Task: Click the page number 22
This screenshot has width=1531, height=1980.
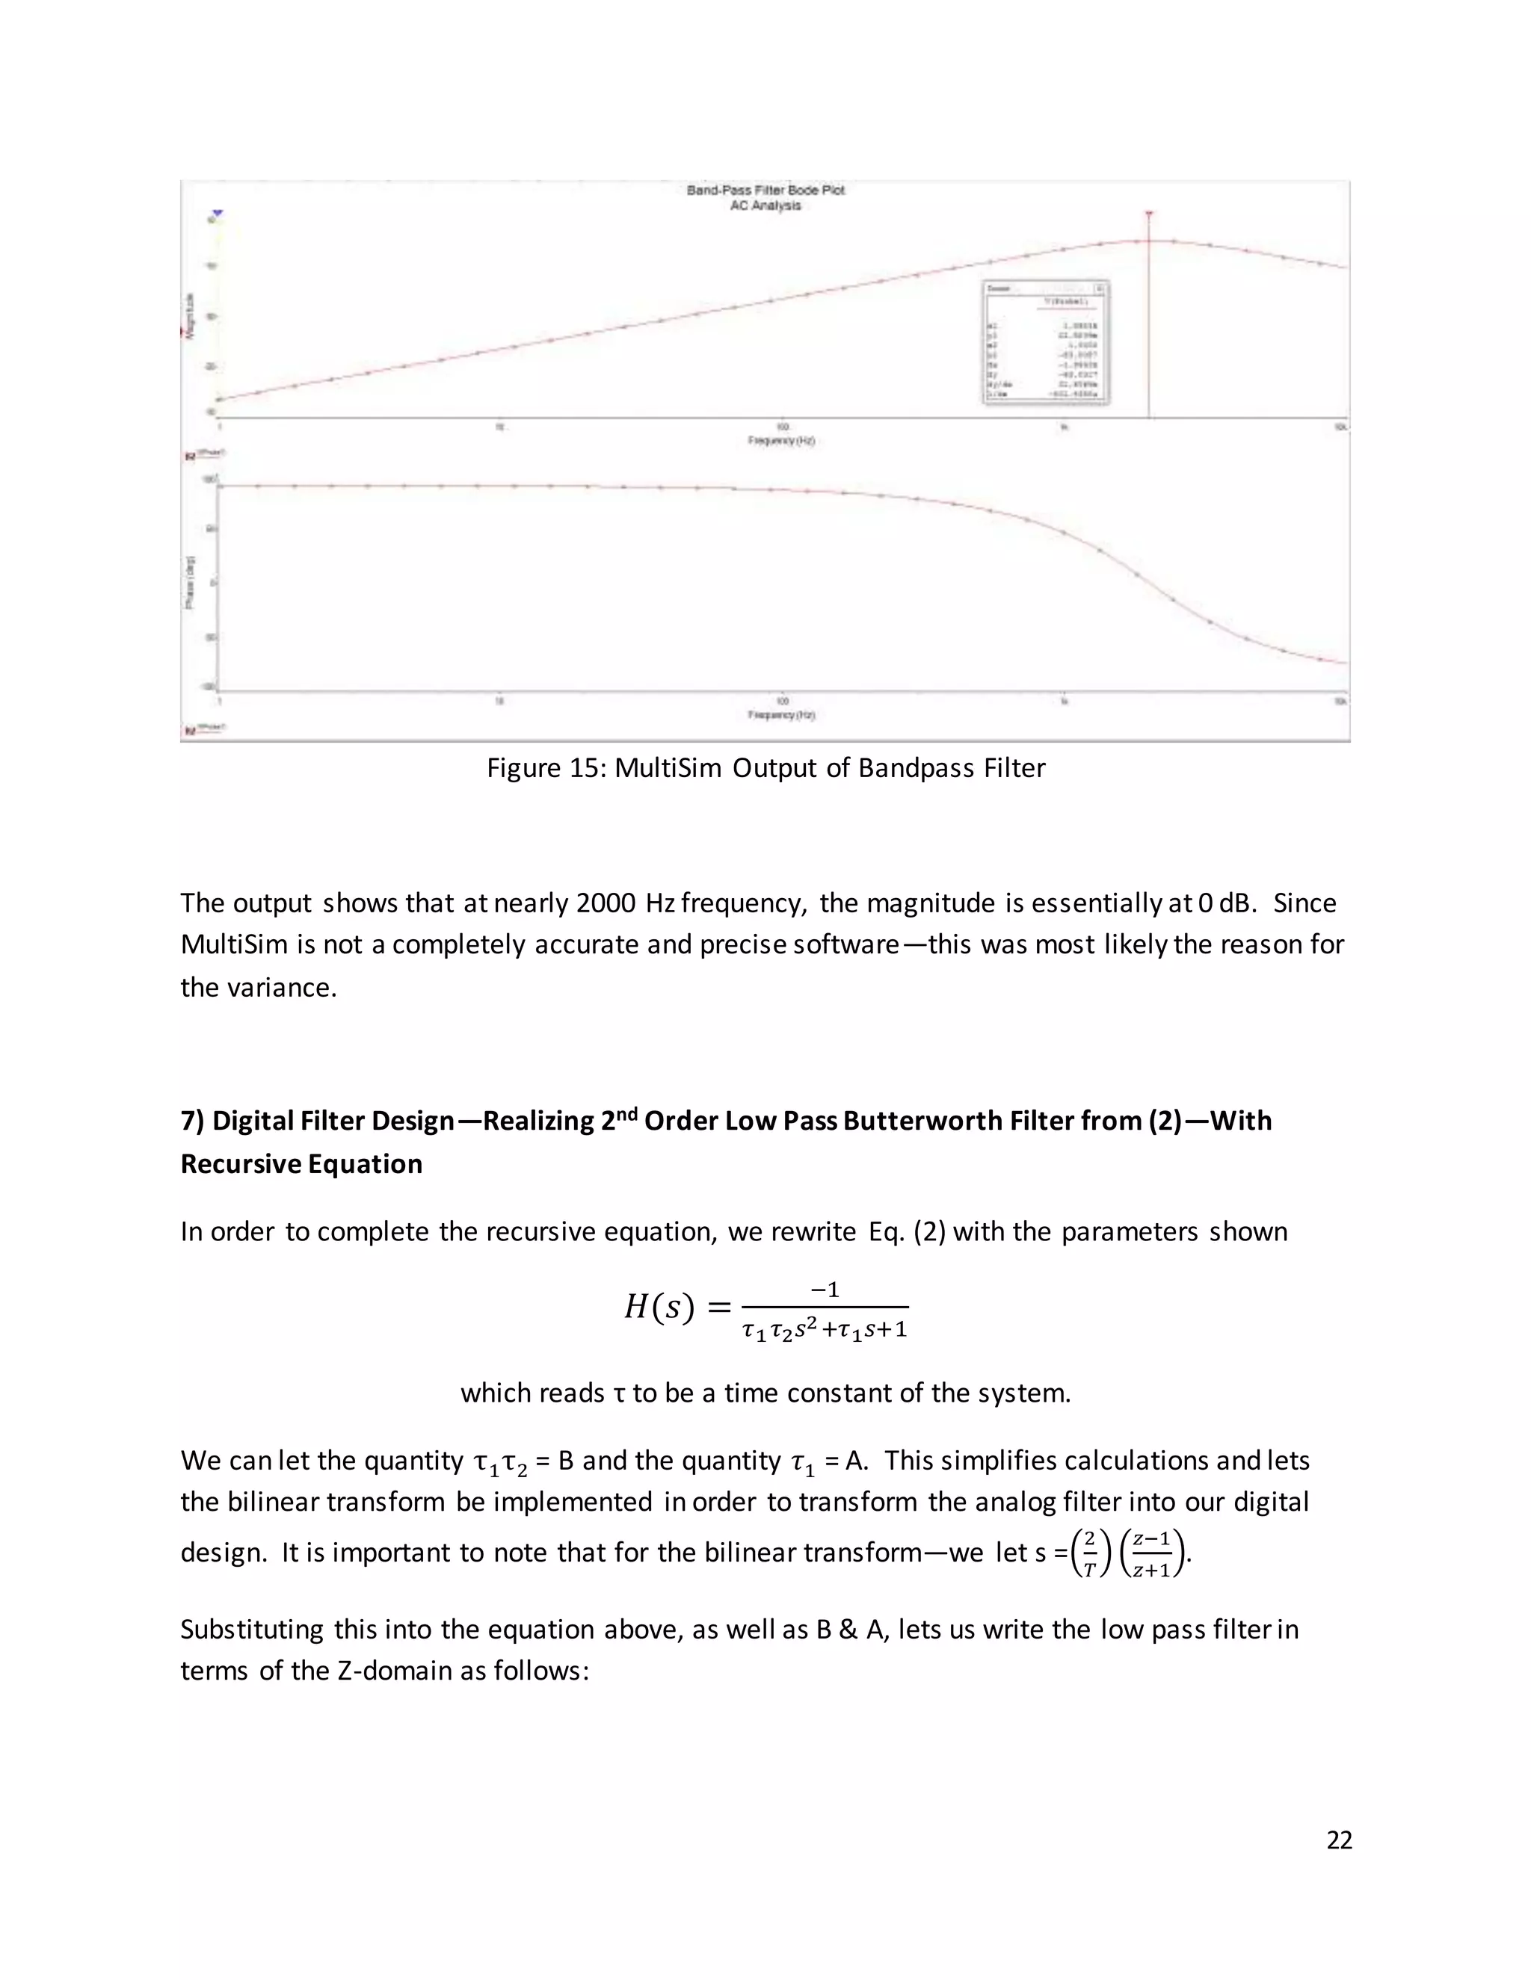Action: pyautogui.click(x=1339, y=1840)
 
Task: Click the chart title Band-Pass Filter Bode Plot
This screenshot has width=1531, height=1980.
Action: pyautogui.click(x=765, y=190)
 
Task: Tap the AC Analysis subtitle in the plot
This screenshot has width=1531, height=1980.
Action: pyautogui.click(x=765, y=205)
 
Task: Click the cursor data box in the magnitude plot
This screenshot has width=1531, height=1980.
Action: pyautogui.click(x=1047, y=343)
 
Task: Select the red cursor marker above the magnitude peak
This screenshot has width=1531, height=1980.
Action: pyautogui.click(x=1149, y=215)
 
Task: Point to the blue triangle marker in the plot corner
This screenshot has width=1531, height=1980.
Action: pyautogui.click(x=218, y=214)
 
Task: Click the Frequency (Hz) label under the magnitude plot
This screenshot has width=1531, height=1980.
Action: pyautogui.click(x=781, y=441)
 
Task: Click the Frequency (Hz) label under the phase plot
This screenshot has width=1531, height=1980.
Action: pyautogui.click(x=781, y=715)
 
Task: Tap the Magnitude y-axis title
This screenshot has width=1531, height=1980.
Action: pyautogui.click(x=190, y=315)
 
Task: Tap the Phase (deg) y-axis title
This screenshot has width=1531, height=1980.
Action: pyautogui.click(x=190, y=581)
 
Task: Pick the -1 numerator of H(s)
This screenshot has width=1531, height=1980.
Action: pyautogui.click(x=825, y=1289)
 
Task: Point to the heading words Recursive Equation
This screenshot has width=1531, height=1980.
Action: pyautogui.click(x=301, y=1164)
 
